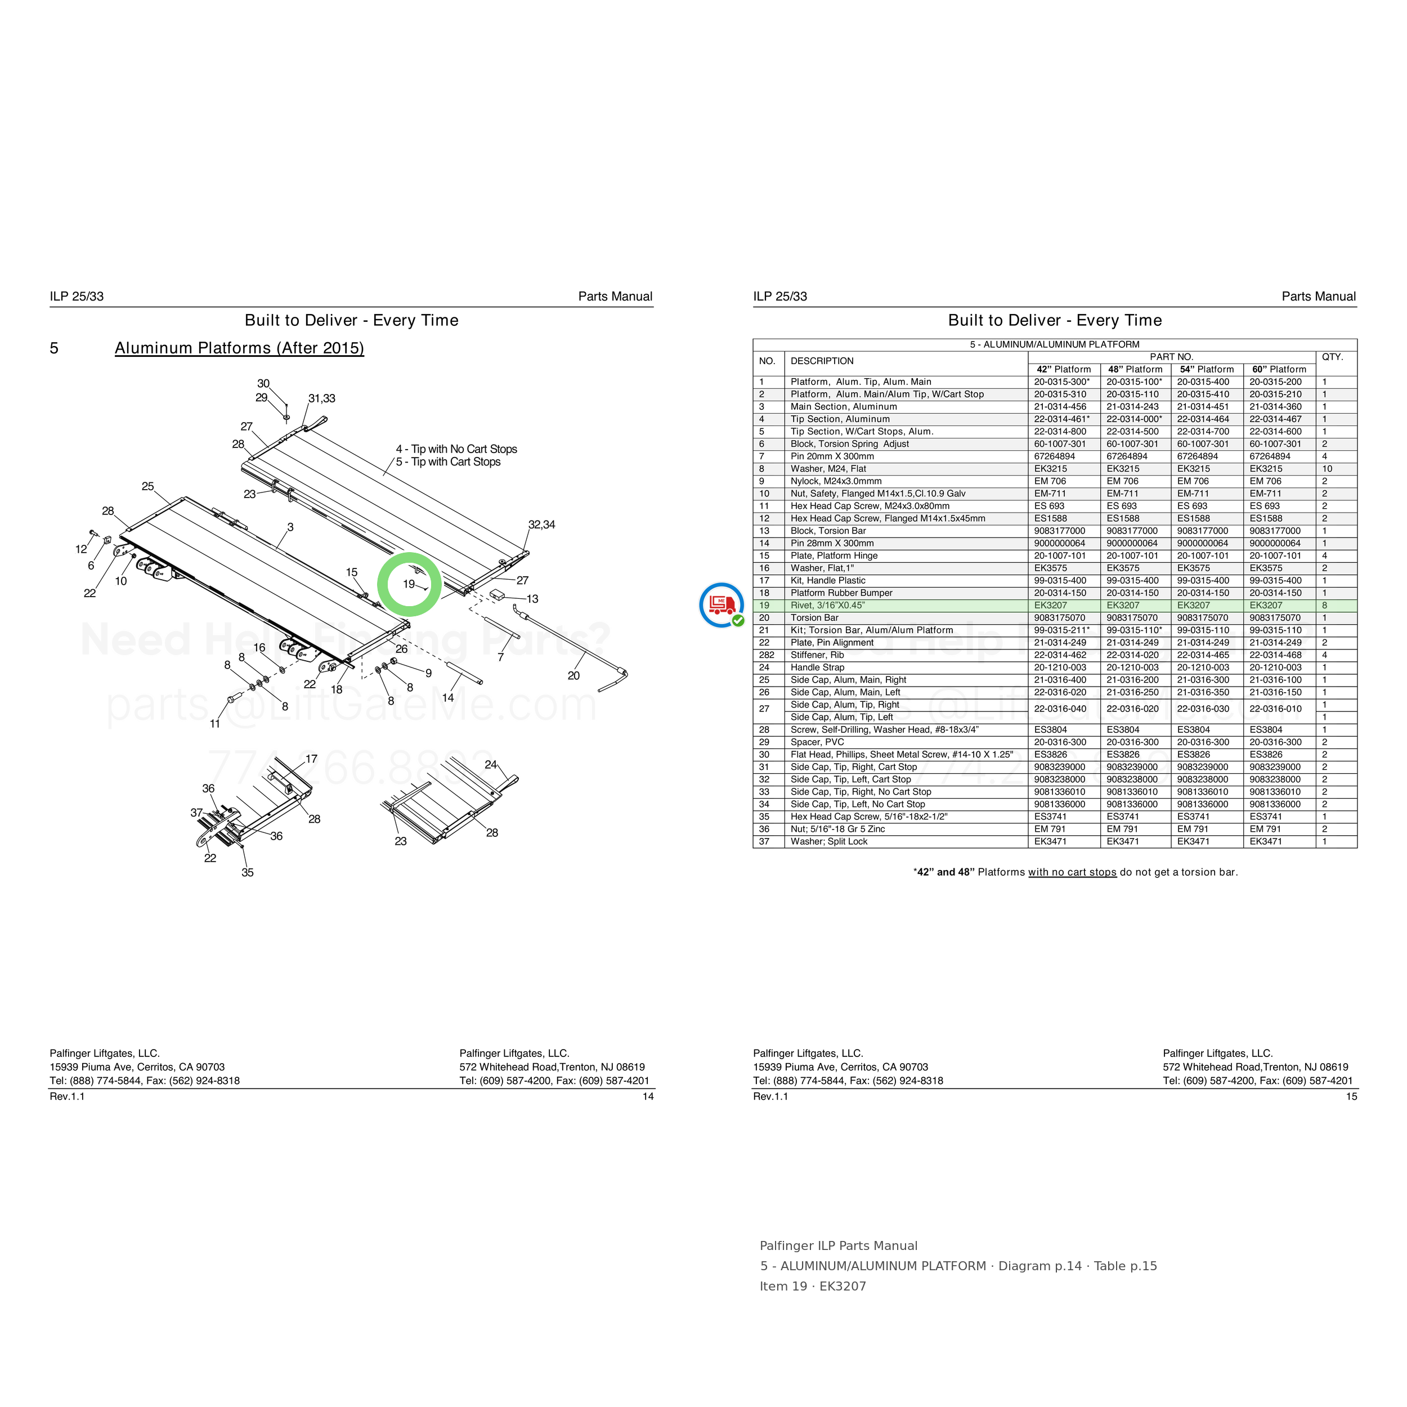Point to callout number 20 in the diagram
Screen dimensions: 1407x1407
(x=574, y=676)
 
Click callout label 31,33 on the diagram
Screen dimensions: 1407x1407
(x=322, y=398)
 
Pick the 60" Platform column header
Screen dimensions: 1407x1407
(x=1280, y=369)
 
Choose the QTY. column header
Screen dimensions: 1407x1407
(x=1333, y=357)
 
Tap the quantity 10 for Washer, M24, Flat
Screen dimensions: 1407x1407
(x=1327, y=469)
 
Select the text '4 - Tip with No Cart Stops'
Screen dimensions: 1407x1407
(x=456, y=449)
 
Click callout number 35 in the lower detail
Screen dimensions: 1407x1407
(x=248, y=872)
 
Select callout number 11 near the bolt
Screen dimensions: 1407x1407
(x=215, y=724)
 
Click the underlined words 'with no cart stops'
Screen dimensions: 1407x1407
(x=1072, y=872)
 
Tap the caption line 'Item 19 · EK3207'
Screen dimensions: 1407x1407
(x=813, y=1286)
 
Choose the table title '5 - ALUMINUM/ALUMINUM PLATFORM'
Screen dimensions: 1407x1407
(x=1055, y=344)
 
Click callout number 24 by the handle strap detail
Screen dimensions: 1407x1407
(x=491, y=765)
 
